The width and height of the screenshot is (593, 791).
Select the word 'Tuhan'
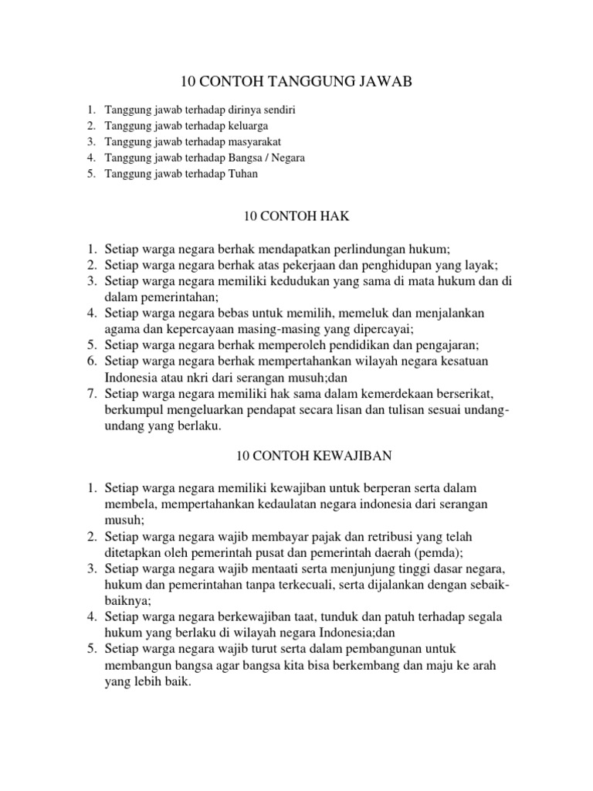tap(241, 174)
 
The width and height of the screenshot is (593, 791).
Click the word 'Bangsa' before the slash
tap(247, 158)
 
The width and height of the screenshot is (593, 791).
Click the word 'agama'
tap(122, 328)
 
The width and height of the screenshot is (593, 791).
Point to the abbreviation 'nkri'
tap(193, 378)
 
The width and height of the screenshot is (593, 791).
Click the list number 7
tap(90, 395)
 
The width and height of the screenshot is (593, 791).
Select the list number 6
tap(90, 362)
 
